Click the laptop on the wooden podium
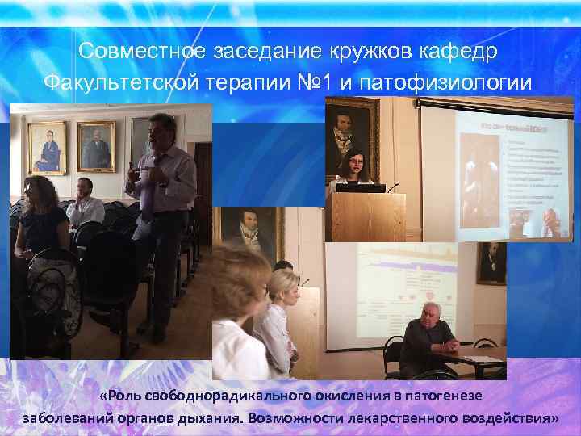354,187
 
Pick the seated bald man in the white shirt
84,202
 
